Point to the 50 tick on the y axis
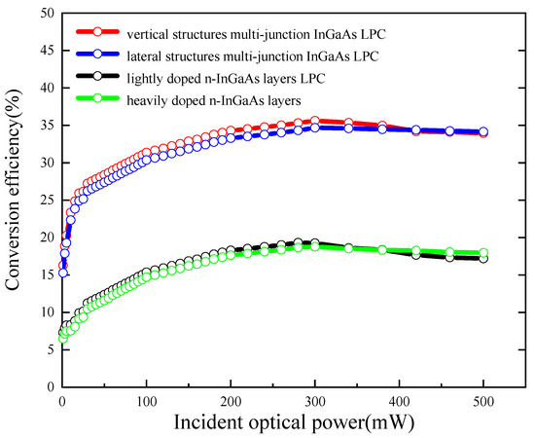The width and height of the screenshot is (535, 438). coord(45,13)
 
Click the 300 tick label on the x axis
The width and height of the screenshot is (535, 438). coord(315,400)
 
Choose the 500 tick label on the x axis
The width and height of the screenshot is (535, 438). coord(483,400)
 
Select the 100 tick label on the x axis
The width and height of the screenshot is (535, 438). coord(147,400)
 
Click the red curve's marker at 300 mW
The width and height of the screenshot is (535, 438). coord(314,121)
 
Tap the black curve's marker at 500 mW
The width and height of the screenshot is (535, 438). coord(483,258)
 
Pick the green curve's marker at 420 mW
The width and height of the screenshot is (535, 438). coord(416,251)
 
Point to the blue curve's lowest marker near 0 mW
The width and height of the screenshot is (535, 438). coord(63,273)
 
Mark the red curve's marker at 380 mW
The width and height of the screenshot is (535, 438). coord(382,126)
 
